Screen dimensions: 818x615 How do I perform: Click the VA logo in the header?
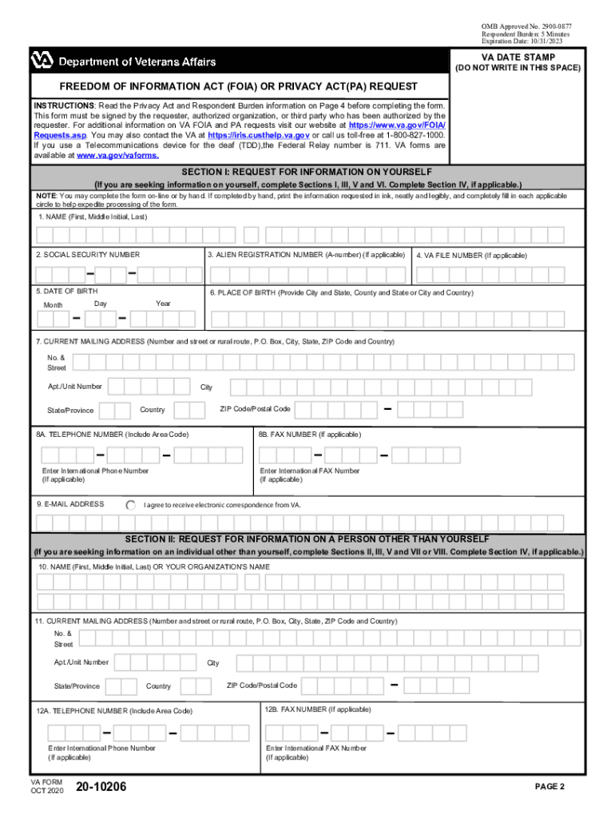[42, 61]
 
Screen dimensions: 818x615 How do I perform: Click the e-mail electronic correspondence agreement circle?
[131, 505]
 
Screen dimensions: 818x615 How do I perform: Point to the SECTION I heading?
[307, 173]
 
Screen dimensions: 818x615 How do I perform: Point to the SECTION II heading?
[307, 539]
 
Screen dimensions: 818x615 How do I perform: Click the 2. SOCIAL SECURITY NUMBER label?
[87, 254]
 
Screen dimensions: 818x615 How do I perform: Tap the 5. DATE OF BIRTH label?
[67, 292]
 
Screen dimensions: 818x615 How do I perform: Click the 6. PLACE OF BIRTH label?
[341, 292]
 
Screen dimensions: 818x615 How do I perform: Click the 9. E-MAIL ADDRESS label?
[70, 504]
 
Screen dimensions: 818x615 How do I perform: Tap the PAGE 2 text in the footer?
[550, 787]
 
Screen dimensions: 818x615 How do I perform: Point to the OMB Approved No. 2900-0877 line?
[526, 26]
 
